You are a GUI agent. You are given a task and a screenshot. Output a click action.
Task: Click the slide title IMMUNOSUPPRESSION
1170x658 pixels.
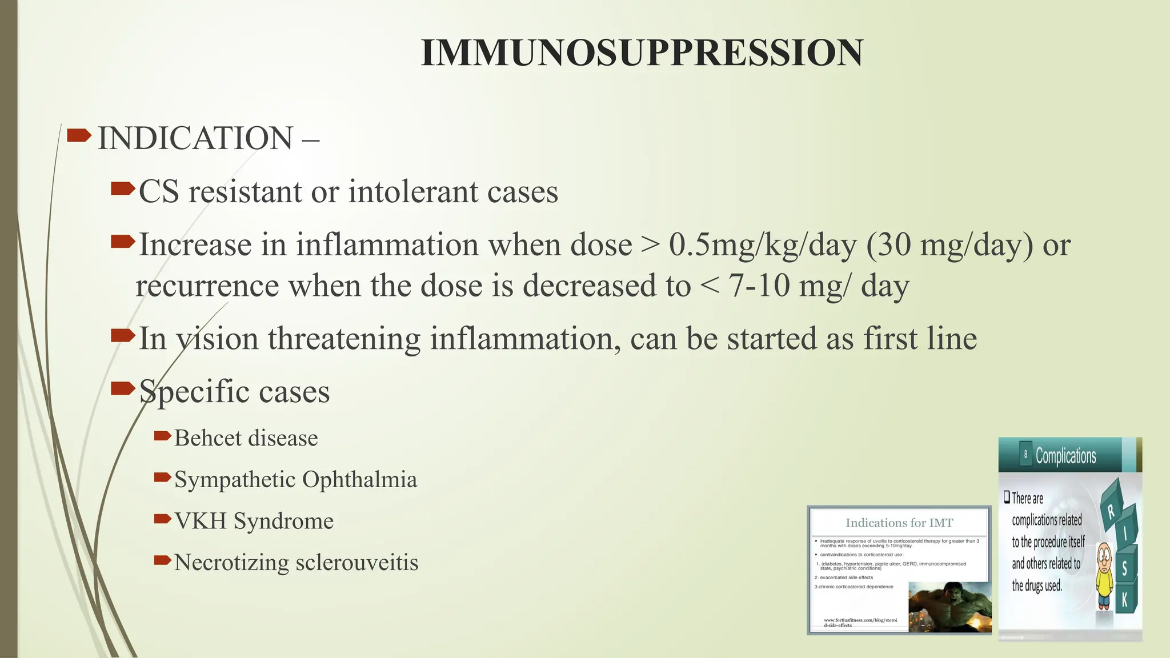[642, 53]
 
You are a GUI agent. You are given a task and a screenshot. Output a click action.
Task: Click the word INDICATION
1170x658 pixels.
[195, 138]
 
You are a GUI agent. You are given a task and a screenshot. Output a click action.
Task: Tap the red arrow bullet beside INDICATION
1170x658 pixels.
[79, 135]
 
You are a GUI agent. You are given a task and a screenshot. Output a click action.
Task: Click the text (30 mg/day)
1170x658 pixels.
[949, 245]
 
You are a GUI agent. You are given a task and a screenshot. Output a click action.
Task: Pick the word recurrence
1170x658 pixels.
[207, 286]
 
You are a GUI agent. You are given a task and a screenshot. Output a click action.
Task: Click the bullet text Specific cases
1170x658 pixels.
[234, 392]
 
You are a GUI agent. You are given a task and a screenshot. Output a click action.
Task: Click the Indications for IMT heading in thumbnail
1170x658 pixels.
[899, 523]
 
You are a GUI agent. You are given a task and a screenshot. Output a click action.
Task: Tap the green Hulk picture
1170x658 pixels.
[949, 607]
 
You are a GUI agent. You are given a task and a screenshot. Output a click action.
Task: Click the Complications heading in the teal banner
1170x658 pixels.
[1065, 456]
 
